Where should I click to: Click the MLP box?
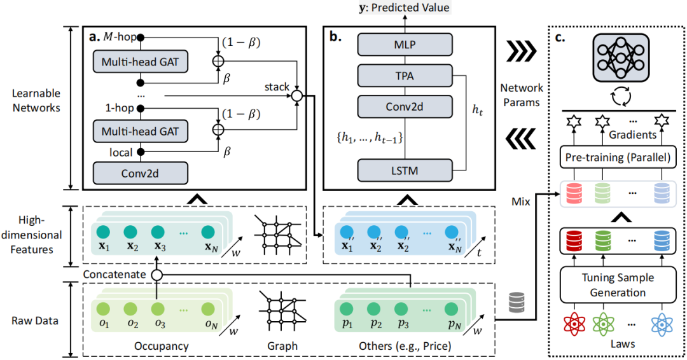pos(405,45)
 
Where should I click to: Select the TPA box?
pos(405,76)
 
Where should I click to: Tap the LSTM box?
pos(405,170)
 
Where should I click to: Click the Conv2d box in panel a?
pos(140,174)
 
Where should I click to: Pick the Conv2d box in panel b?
pos(405,106)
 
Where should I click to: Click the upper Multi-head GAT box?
pos(140,62)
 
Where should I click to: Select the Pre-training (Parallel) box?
pos(618,157)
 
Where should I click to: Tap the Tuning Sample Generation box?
pos(618,285)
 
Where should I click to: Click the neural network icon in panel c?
pos(621,57)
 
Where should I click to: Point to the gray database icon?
pos(517,303)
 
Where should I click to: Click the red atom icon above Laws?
pos(574,324)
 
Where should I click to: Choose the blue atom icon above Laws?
pos(662,324)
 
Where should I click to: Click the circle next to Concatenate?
pos(156,275)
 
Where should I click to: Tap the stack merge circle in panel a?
pos(297,95)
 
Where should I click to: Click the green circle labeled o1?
pos(104,308)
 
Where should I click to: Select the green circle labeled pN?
pos(451,308)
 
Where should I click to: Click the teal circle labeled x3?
pos(158,232)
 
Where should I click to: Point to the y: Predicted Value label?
pos(405,8)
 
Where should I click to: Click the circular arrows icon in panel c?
pos(621,97)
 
